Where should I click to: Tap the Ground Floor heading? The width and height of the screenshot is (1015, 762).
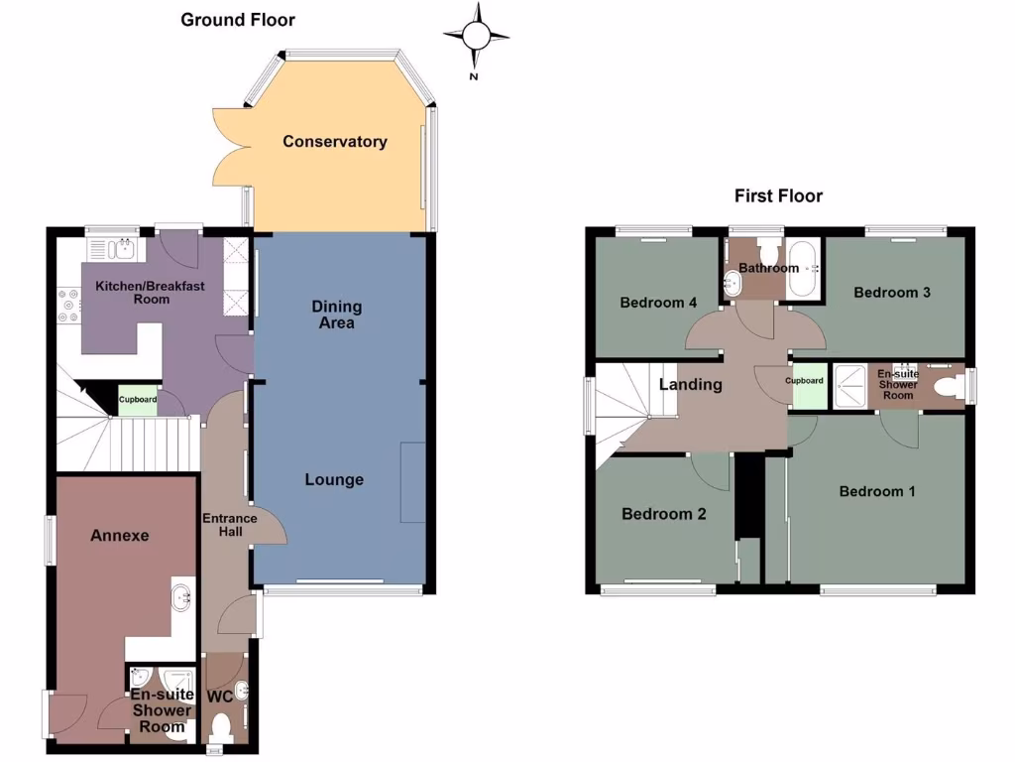pos(238,20)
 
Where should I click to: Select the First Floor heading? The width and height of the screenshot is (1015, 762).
pos(778,195)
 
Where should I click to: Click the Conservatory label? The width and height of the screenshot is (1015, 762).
pos(334,142)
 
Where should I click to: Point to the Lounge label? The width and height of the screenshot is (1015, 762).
pos(334,480)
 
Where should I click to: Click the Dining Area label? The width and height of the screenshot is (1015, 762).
pos(337,315)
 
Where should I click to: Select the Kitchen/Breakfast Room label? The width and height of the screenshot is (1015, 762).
pos(150,293)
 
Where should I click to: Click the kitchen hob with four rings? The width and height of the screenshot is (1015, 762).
pos(69,305)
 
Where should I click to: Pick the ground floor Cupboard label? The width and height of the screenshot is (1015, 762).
pos(138,400)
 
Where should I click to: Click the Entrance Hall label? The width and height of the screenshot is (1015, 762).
pos(229,525)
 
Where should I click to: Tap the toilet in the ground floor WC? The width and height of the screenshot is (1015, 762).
pos(221,728)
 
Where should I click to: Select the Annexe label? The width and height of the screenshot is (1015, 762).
pos(119,536)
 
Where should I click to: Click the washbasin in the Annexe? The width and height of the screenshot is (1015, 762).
pos(182,597)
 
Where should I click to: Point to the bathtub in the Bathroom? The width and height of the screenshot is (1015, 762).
pos(804,268)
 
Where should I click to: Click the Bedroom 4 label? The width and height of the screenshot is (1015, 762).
pos(658,303)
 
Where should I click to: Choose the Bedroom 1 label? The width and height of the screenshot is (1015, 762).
pos(877,491)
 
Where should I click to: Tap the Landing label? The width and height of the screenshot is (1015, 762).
pos(691,384)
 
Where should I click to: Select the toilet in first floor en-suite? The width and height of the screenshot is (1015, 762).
pos(947,383)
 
